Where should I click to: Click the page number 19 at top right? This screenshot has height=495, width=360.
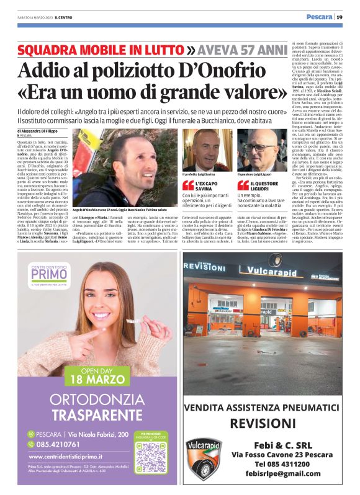pyautogui.click(x=340, y=17)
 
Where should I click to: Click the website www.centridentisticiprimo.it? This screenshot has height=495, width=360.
pyautogui.click(x=78, y=457)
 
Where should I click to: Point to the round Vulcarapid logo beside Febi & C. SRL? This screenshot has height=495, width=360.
pyautogui.click(x=203, y=458)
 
